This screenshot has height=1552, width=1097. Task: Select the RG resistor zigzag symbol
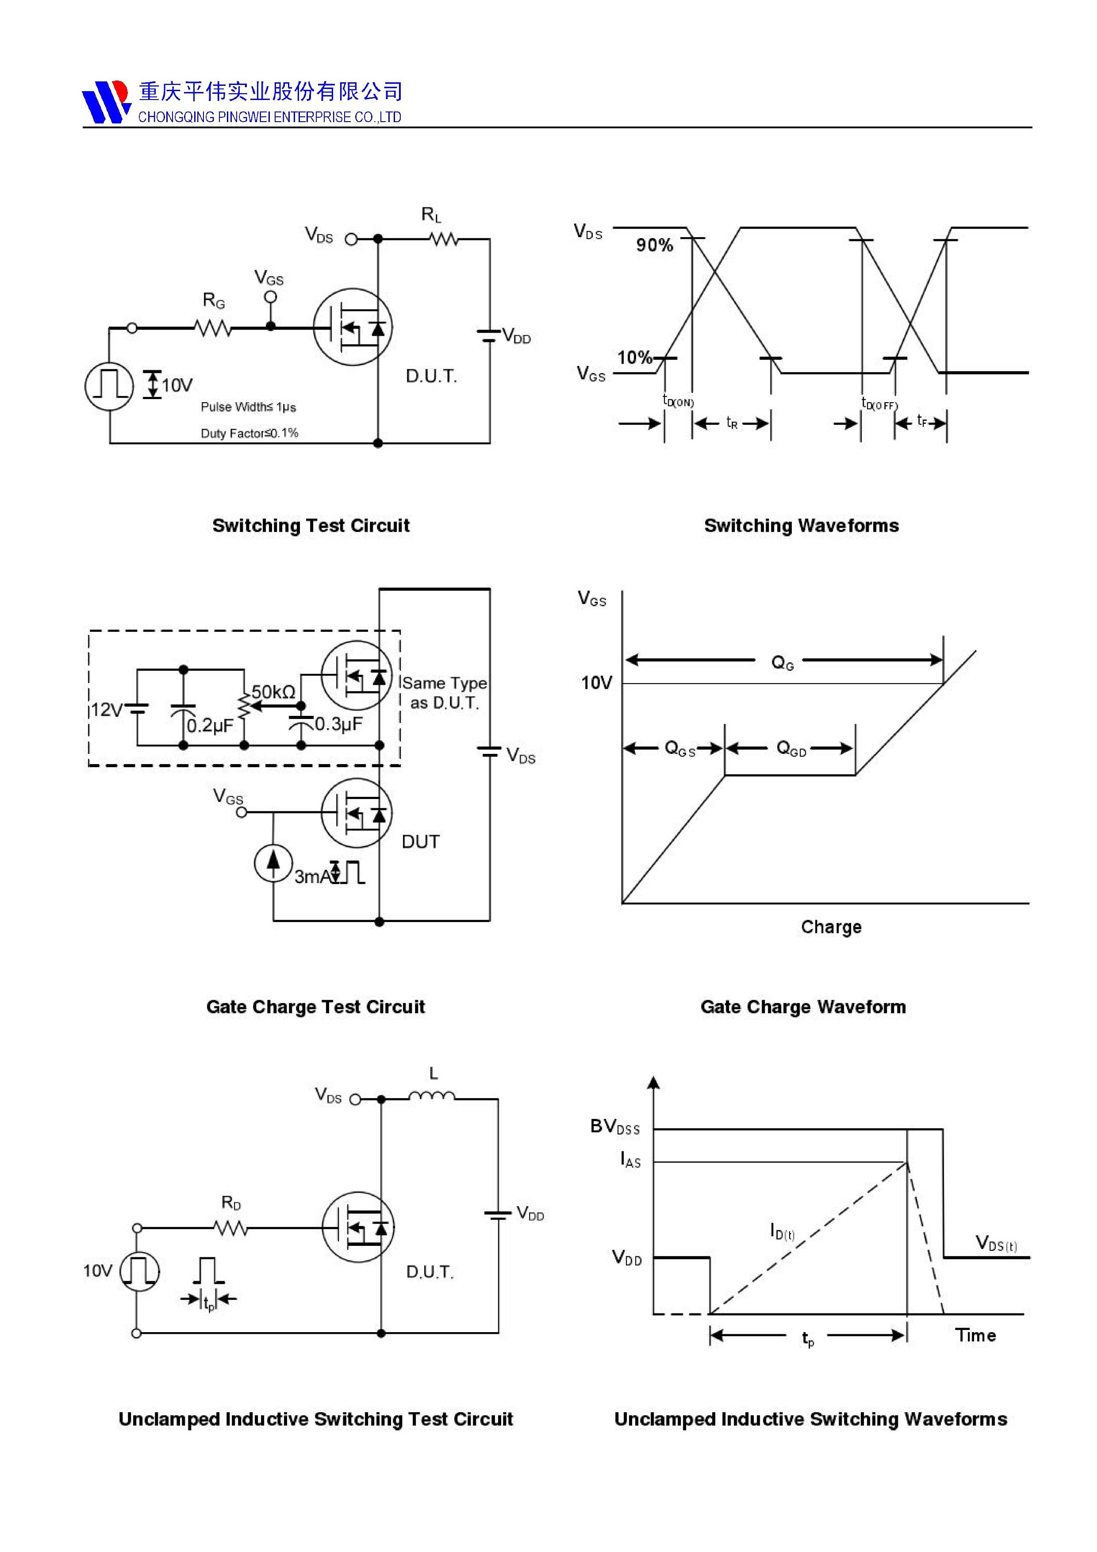click(x=213, y=329)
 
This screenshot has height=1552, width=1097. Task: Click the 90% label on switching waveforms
click(x=654, y=246)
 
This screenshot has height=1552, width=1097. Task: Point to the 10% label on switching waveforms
click(x=634, y=357)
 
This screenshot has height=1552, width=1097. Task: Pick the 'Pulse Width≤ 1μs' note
click(x=248, y=407)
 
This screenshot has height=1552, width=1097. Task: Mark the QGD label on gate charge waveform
click(x=791, y=748)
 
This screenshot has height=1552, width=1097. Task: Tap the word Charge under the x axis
click(x=831, y=927)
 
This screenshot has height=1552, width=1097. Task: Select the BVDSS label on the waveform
click(x=614, y=1126)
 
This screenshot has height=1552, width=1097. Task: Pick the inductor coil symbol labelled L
click(x=432, y=1096)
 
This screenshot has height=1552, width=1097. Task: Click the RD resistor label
click(x=231, y=1202)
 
